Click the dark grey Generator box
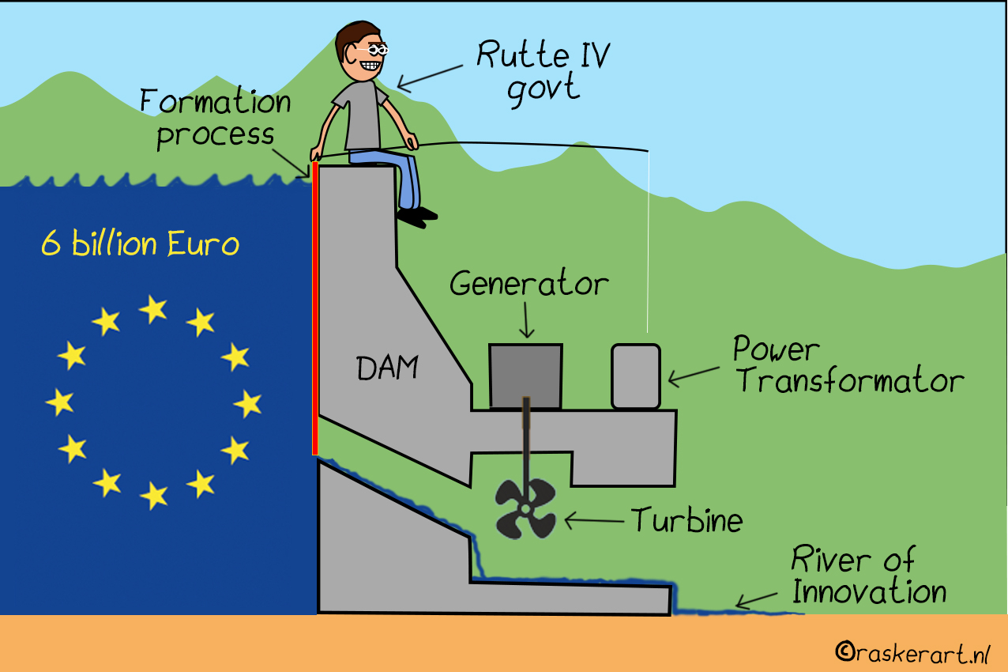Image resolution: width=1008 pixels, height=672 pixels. pos(525,375)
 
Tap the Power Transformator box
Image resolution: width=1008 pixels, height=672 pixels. pos(635,376)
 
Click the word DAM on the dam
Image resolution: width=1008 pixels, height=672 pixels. pos(387,368)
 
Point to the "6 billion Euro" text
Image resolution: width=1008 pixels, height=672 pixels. pos(140,244)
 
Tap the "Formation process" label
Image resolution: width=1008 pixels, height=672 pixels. pos(216,119)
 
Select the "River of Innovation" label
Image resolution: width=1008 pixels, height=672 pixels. pos(867,576)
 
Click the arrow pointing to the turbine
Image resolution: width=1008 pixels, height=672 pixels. pos(593,520)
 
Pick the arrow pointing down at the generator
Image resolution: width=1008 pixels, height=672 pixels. pos(527,321)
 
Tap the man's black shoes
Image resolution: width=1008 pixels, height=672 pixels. pos(416,214)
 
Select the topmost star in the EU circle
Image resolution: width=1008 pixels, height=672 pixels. pos(153,309)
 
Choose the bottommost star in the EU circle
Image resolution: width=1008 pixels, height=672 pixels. pos(154,496)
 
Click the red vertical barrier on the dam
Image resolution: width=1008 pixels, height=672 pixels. pos(315,308)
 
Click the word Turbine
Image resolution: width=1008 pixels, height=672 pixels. pos(686,520)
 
